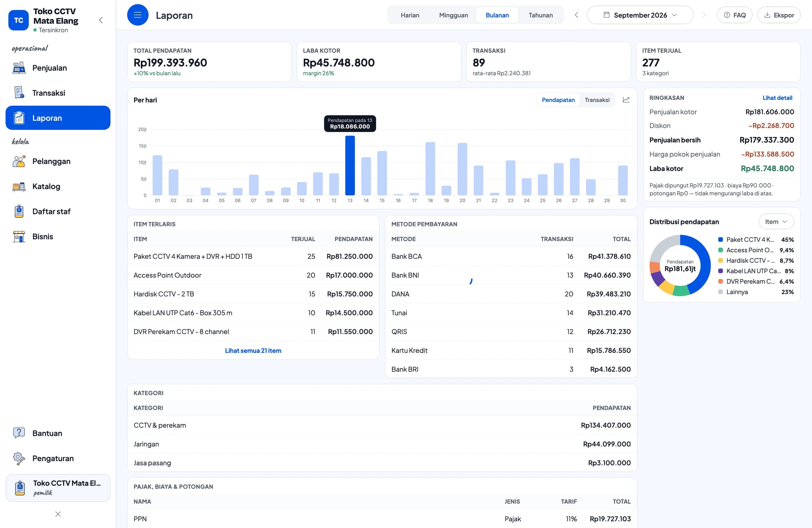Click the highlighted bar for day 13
(350, 165)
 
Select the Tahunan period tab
(540, 15)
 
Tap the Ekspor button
(779, 15)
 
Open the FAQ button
(734, 15)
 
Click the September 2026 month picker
(640, 15)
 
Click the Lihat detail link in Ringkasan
(777, 98)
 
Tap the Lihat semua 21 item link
(253, 351)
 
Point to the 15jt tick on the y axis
(142, 146)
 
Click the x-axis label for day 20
(462, 200)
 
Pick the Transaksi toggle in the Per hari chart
(597, 100)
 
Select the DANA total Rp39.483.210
(608, 294)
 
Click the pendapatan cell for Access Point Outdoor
(349, 275)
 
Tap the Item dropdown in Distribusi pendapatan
(776, 221)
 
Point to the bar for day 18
(430, 169)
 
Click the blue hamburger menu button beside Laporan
(138, 15)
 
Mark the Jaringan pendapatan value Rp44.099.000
(607, 444)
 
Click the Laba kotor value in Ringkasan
(767, 168)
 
